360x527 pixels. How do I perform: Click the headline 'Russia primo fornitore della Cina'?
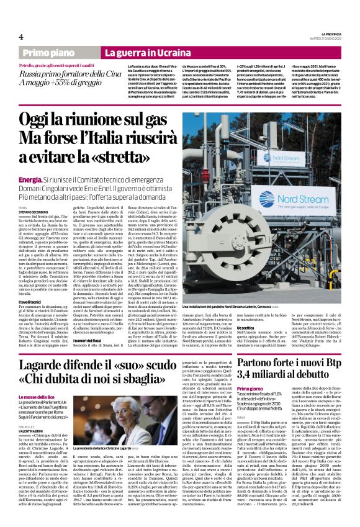coord(64,73)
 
